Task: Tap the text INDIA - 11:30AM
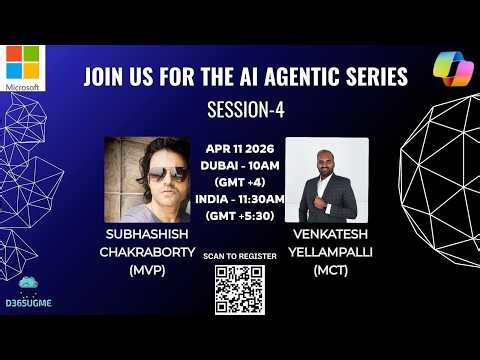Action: pos(244,198)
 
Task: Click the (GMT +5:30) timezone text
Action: pos(244,215)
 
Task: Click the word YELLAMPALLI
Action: pos(328,252)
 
